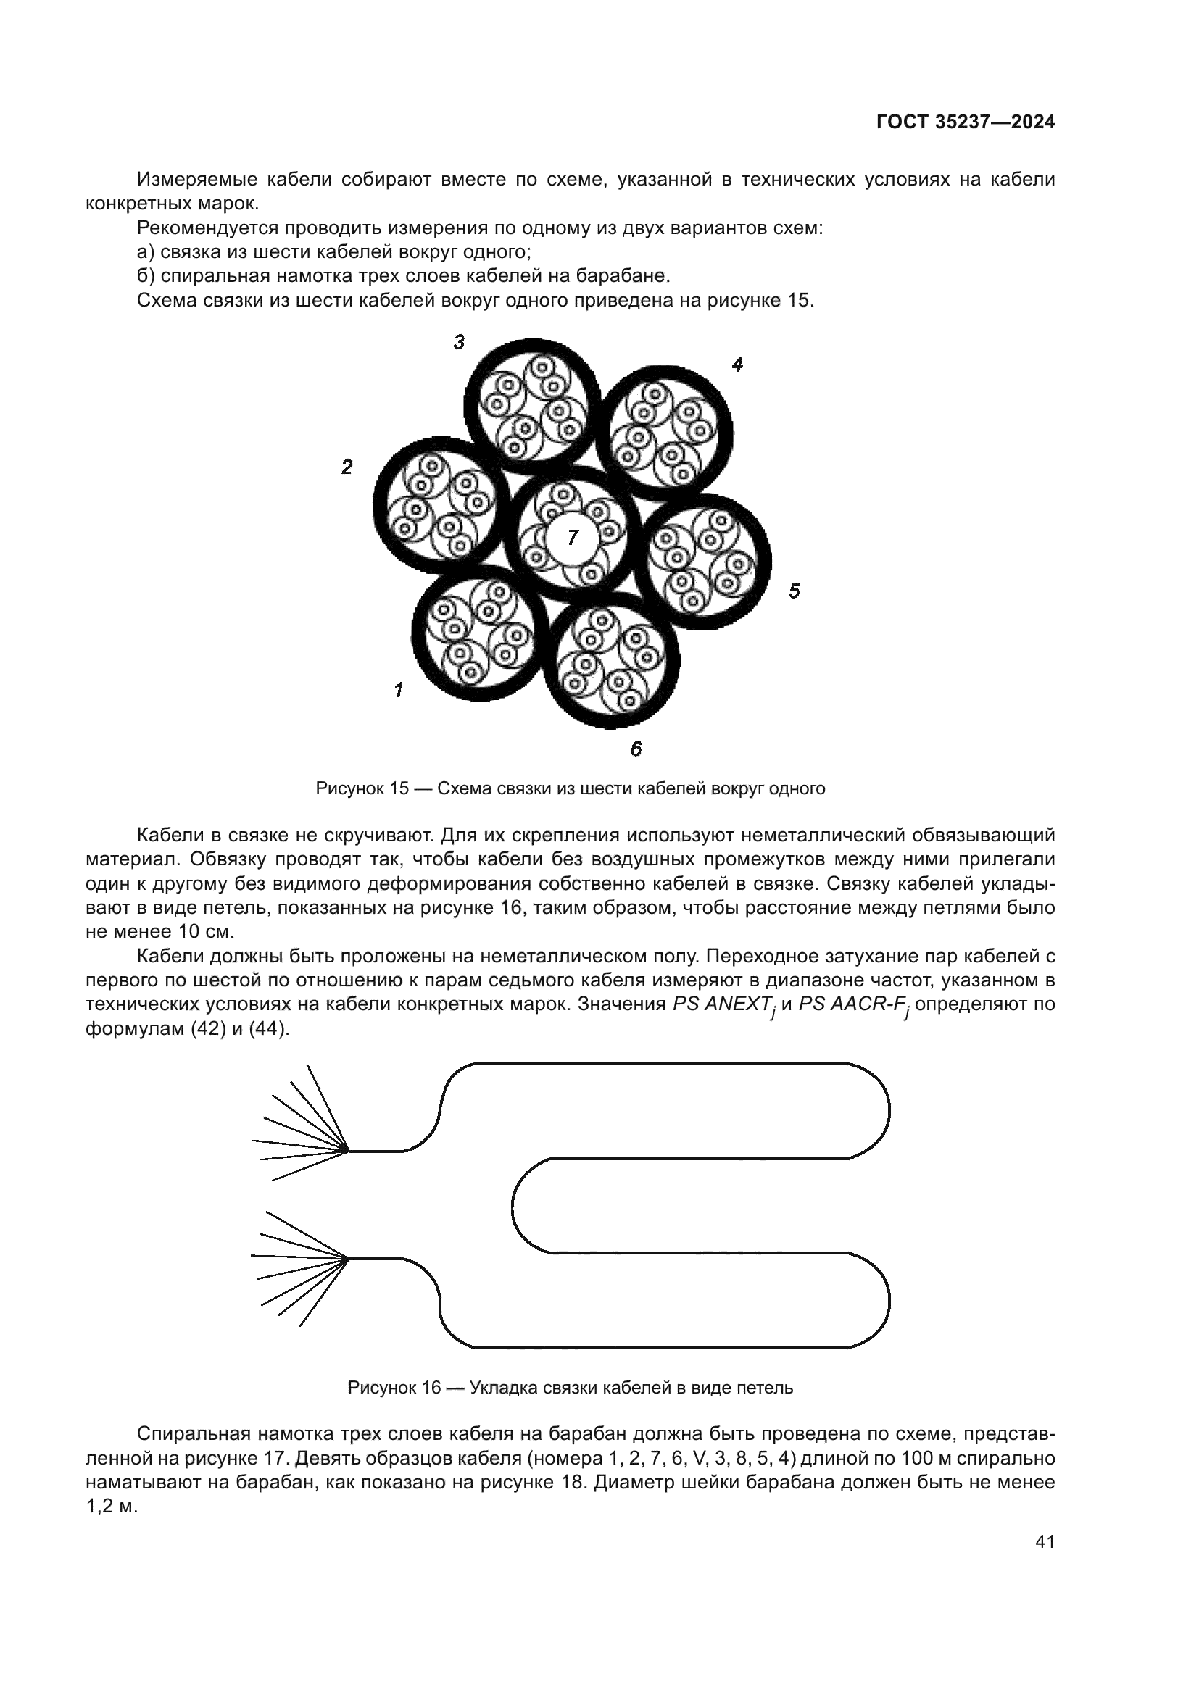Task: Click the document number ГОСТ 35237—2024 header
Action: tap(965, 122)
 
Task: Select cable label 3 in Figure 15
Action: tap(458, 342)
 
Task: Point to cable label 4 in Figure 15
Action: tap(737, 364)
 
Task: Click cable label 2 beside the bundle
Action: tap(347, 467)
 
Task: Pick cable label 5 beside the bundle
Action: tap(794, 591)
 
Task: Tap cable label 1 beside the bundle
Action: tap(399, 691)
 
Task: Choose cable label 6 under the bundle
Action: tap(636, 749)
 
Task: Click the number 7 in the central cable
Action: tap(573, 538)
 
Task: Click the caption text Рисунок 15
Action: tap(362, 788)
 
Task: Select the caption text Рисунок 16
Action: tap(394, 1388)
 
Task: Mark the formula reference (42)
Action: tap(191, 1028)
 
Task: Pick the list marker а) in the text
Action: tap(147, 251)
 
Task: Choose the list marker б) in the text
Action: tap(147, 275)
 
